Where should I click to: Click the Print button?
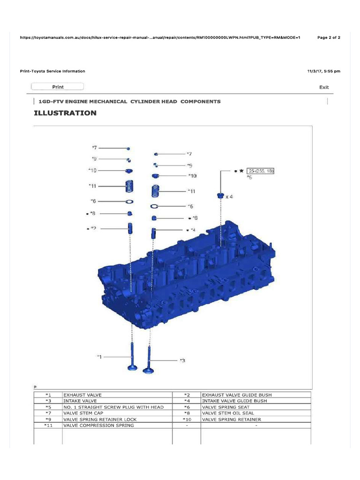[x=57, y=87]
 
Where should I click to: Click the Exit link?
[x=324, y=87]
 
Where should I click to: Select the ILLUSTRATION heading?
[x=65, y=113]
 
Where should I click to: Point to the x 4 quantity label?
[x=229, y=197]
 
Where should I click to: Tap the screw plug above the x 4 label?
[x=219, y=195]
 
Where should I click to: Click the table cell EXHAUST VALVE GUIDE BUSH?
[x=237, y=395]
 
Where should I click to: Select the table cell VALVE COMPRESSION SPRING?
[x=98, y=425]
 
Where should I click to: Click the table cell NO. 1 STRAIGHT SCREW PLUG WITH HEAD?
[x=113, y=407]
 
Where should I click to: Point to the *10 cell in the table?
[x=187, y=419]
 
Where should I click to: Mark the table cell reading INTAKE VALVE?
[x=80, y=401]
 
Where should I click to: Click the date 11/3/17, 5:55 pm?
[x=323, y=71]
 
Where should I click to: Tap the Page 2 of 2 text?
[x=329, y=37]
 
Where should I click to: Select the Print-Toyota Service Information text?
[x=52, y=71]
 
